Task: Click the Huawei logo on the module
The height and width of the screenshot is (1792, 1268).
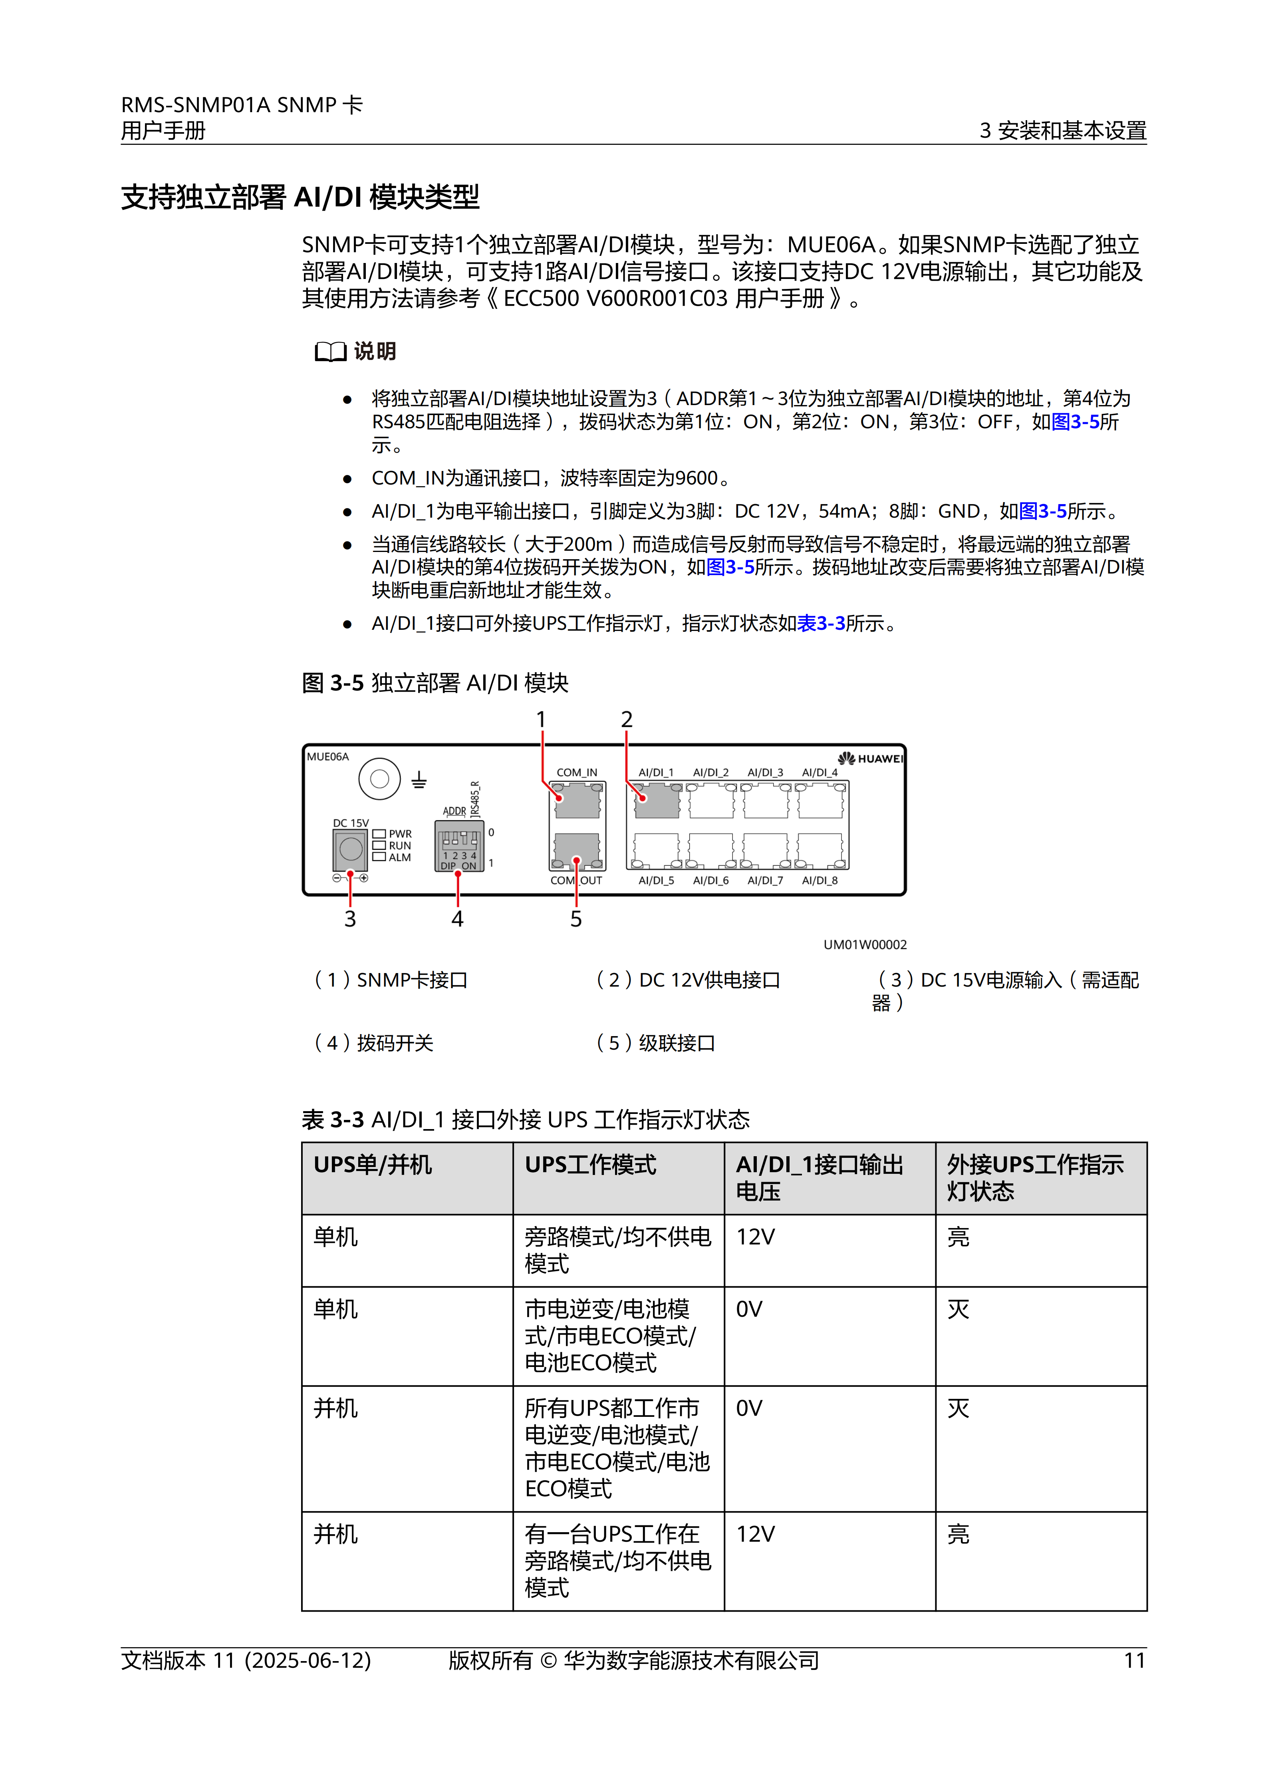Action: tap(871, 758)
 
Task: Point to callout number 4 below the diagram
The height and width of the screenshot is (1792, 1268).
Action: tap(458, 920)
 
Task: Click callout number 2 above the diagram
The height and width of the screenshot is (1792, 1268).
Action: tap(626, 719)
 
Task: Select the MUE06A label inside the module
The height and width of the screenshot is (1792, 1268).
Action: tap(328, 756)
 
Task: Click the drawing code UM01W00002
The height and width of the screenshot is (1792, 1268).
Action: tap(865, 944)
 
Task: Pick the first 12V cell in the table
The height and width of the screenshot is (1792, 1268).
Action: tap(755, 1237)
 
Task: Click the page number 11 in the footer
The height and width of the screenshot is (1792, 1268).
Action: tap(1135, 1660)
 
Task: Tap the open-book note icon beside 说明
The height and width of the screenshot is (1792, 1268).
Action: tap(330, 352)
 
